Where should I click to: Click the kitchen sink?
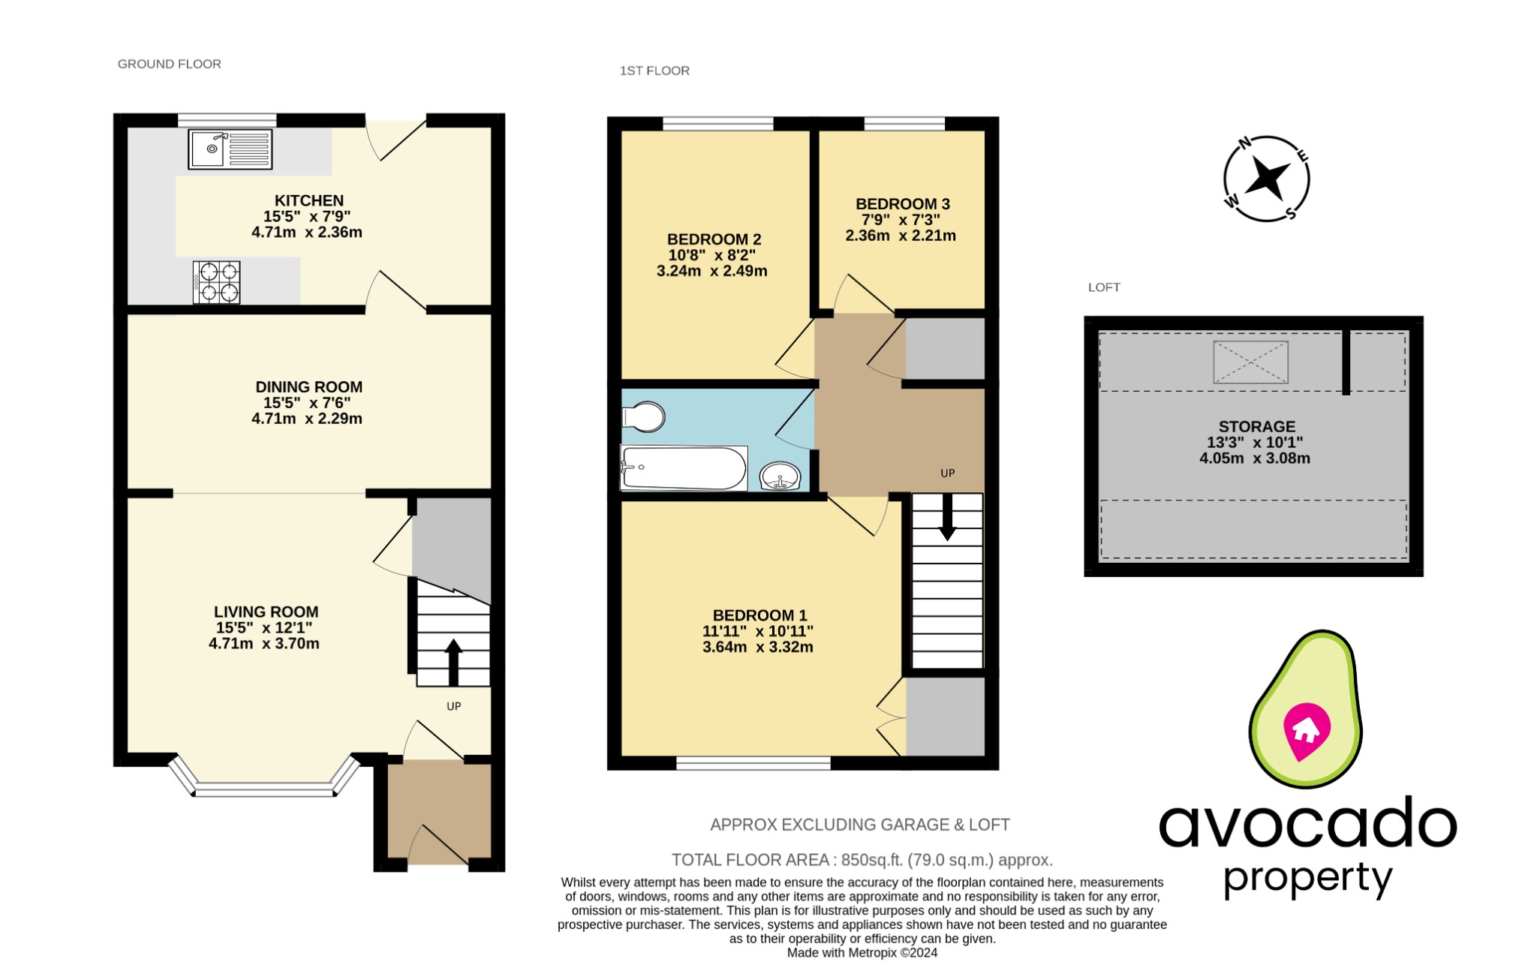click(x=230, y=149)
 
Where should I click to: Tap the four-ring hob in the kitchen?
click(x=217, y=282)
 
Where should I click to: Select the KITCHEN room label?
click(x=308, y=200)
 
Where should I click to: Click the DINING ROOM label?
click(x=308, y=387)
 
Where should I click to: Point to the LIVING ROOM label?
click(x=266, y=612)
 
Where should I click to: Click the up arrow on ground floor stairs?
click(x=453, y=661)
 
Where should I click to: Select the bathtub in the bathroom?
click(x=683, y=469)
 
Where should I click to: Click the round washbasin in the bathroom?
click(x=780, y=476)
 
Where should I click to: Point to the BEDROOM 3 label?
click(x=902, y=204)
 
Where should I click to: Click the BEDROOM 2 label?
click(x=714, y=239)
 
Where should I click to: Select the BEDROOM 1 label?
click(x=759, y=615)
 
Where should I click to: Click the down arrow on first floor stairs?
click(x=947, y=518)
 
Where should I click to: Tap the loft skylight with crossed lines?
click(x=1250, y=362)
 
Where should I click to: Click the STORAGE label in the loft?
click(x=1256, y=426)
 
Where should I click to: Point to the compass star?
click(x=1267, y=179)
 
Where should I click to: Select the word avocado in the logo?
click(x=1307, y=824)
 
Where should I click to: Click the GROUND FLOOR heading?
click(x=169, y=65)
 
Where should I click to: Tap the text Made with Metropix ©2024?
click(x=862, y=953)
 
